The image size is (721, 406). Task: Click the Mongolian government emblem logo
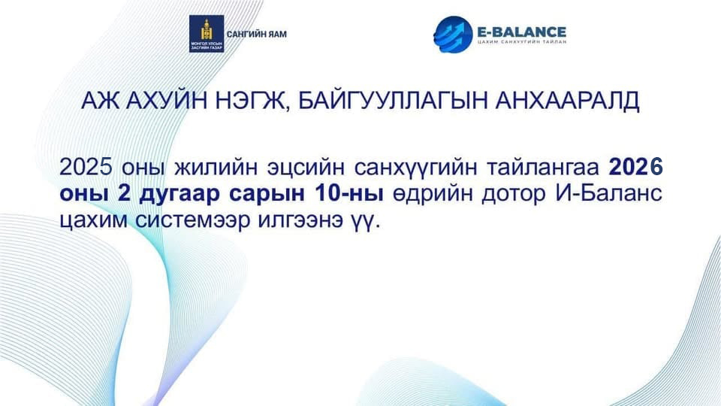207,34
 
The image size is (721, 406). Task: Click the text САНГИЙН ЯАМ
257,35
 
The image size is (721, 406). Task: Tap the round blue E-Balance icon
453,35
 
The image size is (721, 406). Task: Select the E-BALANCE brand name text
521,32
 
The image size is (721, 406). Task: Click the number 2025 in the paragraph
86,167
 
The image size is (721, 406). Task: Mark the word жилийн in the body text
216,167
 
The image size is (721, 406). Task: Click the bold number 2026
636,167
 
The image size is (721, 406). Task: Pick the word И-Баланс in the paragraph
609,194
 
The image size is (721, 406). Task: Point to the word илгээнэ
300,220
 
